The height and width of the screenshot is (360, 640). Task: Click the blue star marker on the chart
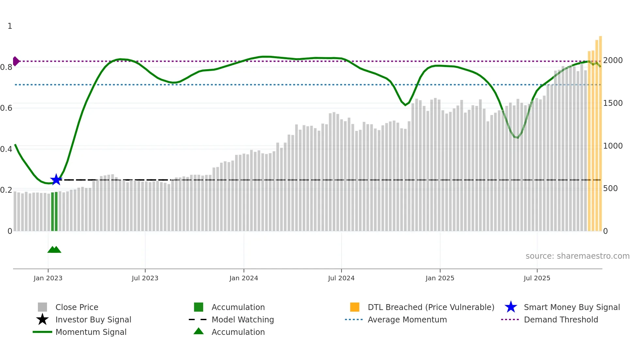[x=56, y=180]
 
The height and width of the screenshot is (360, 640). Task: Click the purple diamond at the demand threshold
[x=16, y=61]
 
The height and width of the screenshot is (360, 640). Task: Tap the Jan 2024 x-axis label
[x=244, y=278]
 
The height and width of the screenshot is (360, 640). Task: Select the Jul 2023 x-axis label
[x=145, y=278]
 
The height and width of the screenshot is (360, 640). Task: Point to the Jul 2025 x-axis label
[x=537, y=278]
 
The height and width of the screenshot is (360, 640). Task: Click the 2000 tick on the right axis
[x=613, y=60]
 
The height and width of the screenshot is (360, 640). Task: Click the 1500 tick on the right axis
[x=613, y=103]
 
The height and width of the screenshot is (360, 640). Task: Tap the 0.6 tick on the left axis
[x=7, y=108]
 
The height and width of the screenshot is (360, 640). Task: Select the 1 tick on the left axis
[x=10, y=26]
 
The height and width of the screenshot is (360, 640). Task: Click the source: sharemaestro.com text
[x=577, y=256]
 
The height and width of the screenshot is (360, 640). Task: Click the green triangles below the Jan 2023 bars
[x=54, y=250]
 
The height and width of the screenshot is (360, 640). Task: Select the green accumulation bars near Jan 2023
[x=54, y=212]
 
